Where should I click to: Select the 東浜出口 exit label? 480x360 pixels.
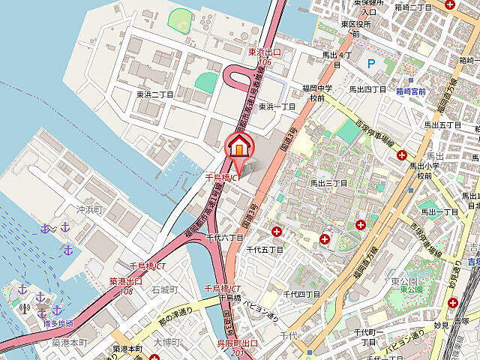(264, 52)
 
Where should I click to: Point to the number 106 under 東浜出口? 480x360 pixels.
(264, 61)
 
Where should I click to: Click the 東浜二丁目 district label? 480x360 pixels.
(154, 95)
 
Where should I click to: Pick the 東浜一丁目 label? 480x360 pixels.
(277, 107)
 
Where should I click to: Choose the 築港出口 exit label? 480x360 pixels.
(125, 281)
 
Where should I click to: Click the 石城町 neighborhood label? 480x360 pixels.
(164, 289)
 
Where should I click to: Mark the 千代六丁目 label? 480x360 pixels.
(225, 238)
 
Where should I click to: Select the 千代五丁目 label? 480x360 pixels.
(265, 249)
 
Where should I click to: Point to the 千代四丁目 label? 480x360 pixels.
(301, 294)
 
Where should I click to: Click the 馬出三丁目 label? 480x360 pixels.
(329, 183)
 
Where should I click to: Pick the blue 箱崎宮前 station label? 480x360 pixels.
(411, 91)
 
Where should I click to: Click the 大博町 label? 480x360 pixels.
(166, 342)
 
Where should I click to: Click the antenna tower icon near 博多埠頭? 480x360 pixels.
(25, 308)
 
